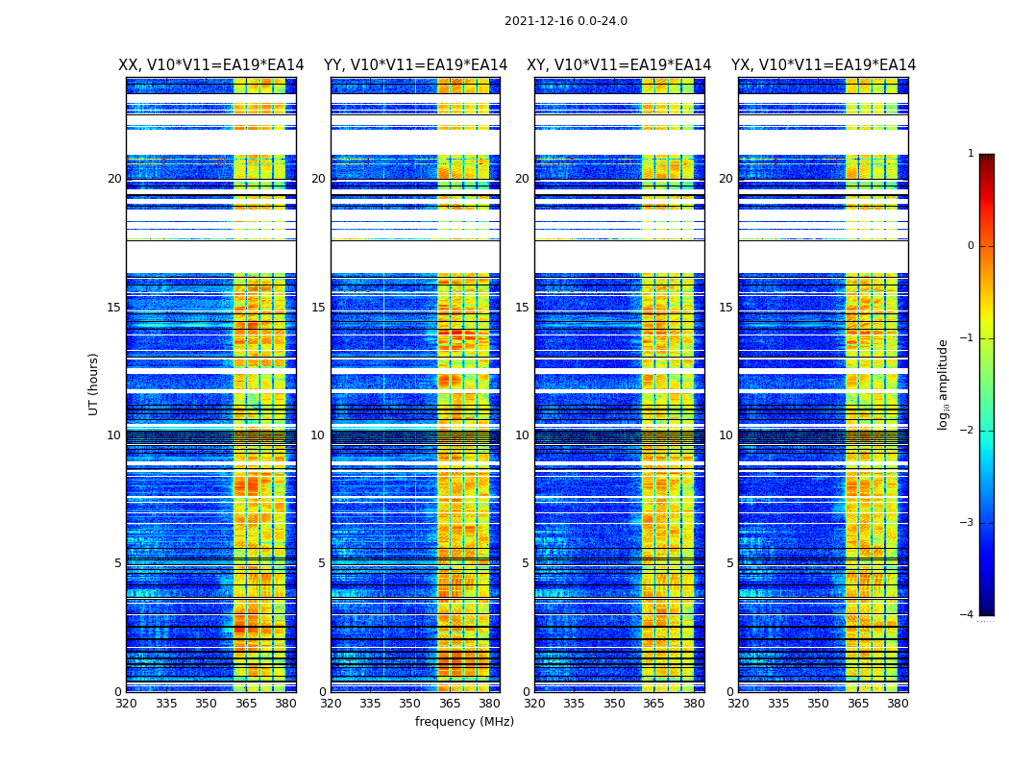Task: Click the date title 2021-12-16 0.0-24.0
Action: [565, 21]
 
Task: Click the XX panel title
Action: [211, 65]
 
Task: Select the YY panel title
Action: [415, 65]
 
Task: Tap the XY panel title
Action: [619, 65]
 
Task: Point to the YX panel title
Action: [824, 65]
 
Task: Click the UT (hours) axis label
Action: [94, 384]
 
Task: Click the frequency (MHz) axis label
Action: [464, 722]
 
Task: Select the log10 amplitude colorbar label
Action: [944, 384]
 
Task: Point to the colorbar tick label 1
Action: [971, 154]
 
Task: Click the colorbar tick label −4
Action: [968, 615]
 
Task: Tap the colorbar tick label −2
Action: [968, 431]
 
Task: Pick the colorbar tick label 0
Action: [971, 246]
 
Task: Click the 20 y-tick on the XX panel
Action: [114, 179]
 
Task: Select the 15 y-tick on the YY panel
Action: [318, 308]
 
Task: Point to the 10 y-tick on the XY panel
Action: [522, 435]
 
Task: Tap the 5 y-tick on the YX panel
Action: [729, 563]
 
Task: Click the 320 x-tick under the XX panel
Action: [126, 704]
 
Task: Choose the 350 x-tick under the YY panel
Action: [410, 704]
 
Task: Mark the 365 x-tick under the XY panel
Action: [654, 704]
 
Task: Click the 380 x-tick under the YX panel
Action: [898, 704]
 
